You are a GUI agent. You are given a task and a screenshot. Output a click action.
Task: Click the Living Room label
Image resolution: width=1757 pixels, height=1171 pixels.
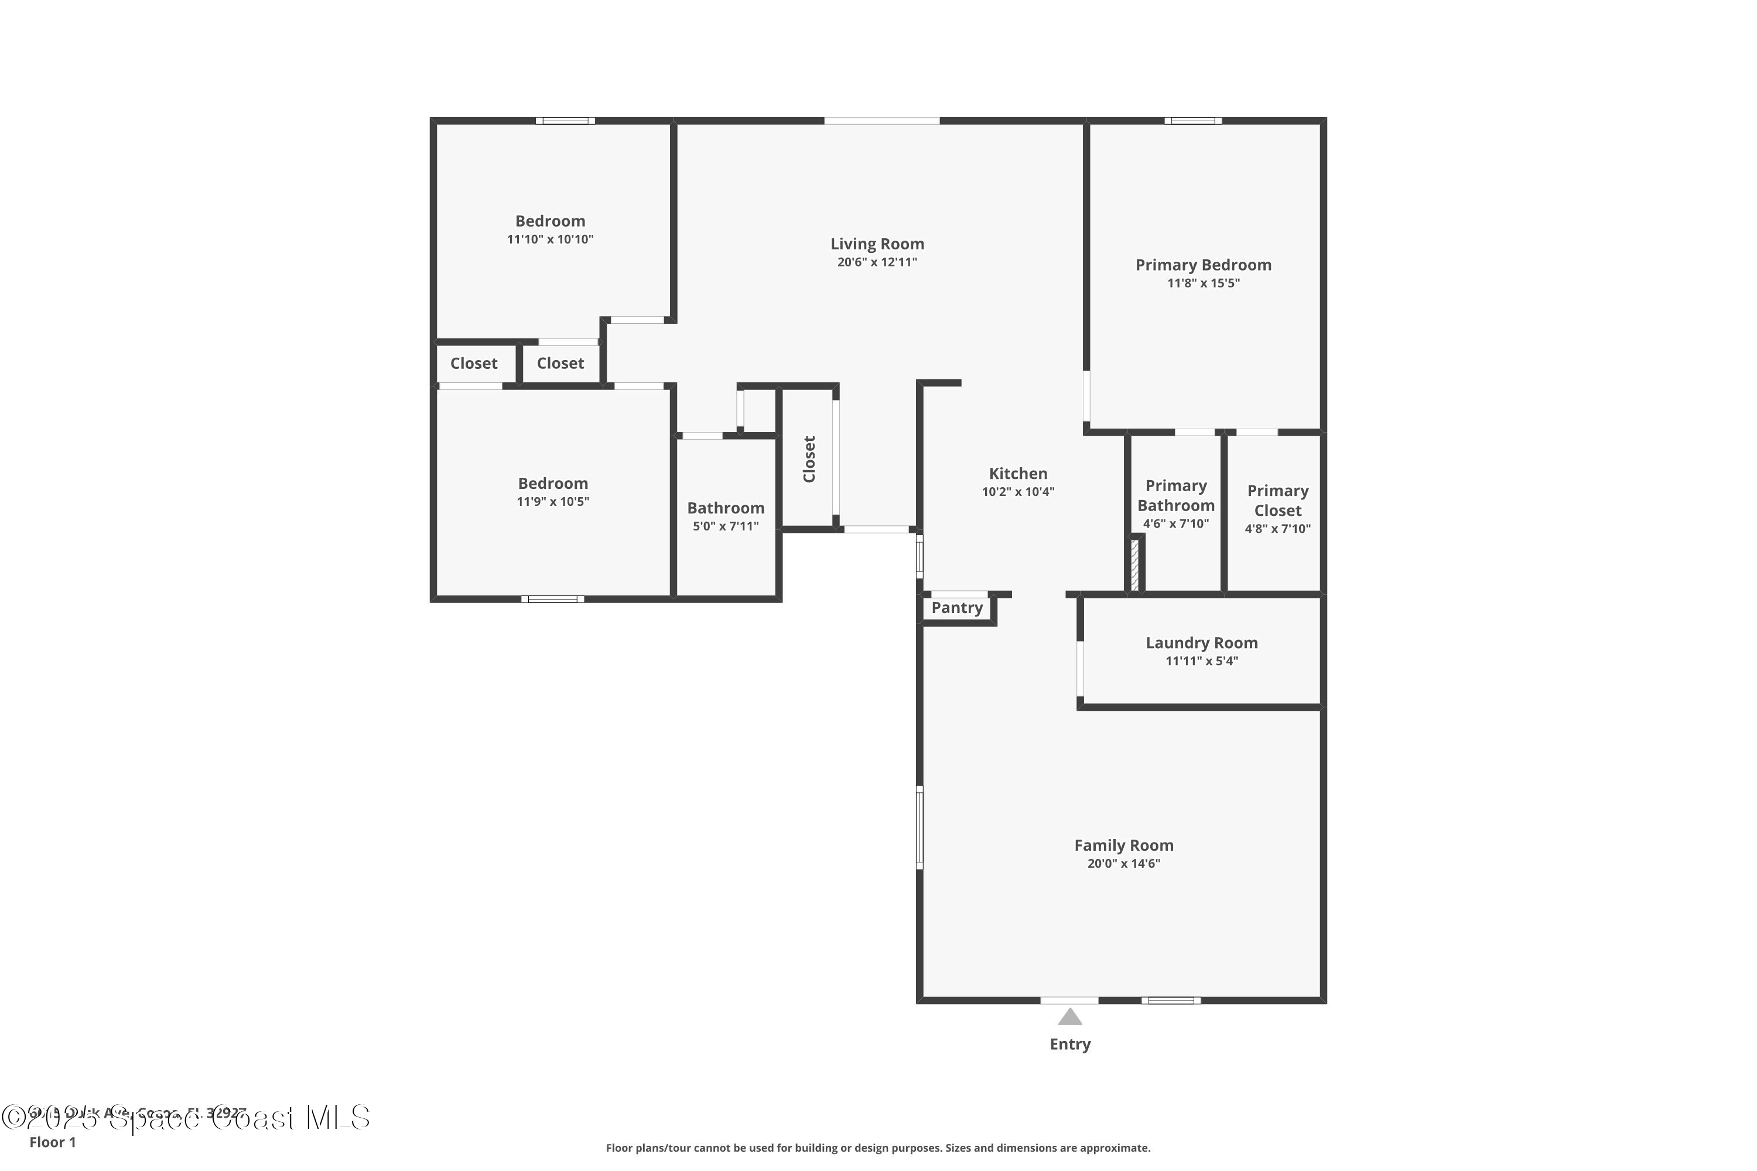[877, 244]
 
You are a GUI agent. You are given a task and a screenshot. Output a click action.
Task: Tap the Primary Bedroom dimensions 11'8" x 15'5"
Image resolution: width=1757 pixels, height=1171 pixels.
[1203, 283]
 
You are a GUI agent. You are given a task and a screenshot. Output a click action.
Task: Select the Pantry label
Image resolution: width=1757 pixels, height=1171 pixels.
[956, 608]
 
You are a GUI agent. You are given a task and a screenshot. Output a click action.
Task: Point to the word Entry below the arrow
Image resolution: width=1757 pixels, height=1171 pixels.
[1070, 1044]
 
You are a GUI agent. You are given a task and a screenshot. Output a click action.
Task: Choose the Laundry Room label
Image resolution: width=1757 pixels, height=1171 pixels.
[1201, 643]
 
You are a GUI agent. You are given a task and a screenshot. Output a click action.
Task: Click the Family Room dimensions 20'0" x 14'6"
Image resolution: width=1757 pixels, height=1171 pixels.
[1123, 864]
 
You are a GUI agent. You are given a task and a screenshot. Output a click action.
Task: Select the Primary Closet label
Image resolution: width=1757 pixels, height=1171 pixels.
[1277, 501]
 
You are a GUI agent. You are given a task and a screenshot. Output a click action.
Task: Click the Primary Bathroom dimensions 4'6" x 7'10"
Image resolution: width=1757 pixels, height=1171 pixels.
[1176, 523]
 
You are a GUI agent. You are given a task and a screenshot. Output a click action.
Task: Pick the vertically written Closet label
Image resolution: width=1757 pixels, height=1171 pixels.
[809, 459]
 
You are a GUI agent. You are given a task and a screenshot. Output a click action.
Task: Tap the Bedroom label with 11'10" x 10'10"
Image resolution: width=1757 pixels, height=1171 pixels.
[550, 221]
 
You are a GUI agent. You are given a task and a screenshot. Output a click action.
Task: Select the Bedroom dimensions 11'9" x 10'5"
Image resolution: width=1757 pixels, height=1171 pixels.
[553, 502]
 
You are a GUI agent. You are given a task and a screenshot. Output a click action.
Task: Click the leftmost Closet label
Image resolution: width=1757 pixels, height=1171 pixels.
[474, 364]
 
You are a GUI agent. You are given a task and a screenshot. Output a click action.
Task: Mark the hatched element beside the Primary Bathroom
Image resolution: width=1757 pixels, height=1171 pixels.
[1134, 566]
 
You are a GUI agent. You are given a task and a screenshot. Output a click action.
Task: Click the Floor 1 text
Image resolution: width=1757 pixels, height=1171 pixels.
[52, 1142]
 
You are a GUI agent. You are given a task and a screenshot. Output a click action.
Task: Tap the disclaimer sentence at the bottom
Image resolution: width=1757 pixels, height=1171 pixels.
[878, 1148]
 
